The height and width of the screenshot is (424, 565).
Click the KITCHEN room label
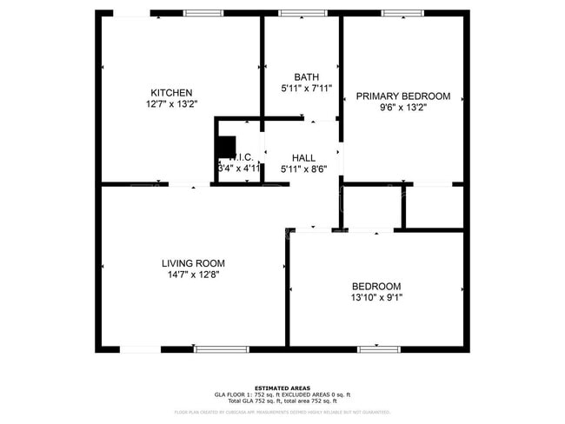pos(171,93)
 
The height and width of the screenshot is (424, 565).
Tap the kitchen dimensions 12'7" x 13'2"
pos(171,104)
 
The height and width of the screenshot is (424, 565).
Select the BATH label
pos(306,76)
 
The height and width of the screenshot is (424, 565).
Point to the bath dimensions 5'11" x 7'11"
pos(306,88)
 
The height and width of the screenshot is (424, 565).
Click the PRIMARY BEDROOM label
pos(403,96)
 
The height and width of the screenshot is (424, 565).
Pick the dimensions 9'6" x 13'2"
pos(403,109)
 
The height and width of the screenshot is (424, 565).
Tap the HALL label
pos(303,157)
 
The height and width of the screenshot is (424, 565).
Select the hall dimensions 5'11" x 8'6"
pos(303,169)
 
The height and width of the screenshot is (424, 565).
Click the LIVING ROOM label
pos(193,263)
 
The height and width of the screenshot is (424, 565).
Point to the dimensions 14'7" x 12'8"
pos(193,275)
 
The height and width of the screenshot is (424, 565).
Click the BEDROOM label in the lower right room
pos(376,287)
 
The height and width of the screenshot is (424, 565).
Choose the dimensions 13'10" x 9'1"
pos(376,298)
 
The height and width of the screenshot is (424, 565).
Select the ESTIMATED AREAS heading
pos(282,388)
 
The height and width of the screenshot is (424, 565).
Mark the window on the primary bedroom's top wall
pos(402,13)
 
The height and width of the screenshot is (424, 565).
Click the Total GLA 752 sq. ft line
pos(282,400)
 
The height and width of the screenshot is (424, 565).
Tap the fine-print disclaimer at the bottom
pos(282,412)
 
